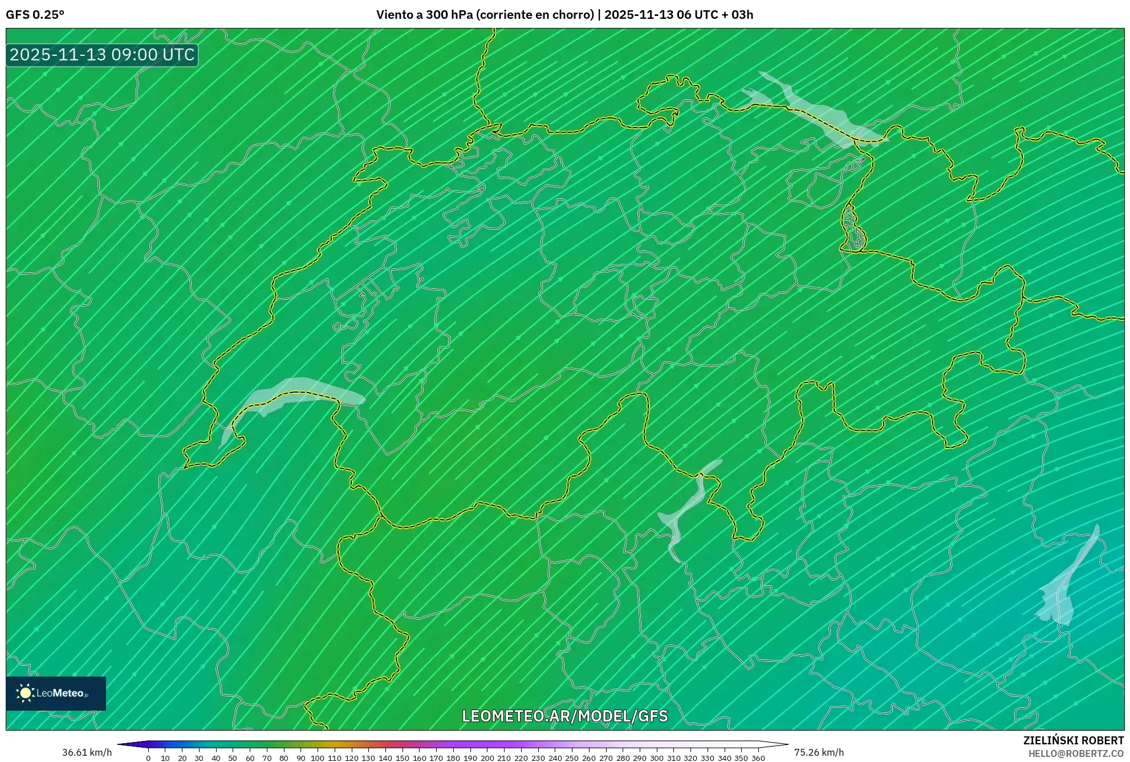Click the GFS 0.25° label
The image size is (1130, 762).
point(35,15)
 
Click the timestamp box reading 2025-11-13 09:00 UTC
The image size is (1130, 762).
point(102,55)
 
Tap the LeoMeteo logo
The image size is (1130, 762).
point(56,693)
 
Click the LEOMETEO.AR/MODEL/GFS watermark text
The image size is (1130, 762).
point(564,716)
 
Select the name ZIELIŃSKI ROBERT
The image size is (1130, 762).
point(1073,740)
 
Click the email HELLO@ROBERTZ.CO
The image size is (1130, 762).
point(1076,753)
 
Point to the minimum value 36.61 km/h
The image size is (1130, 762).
point(87,752)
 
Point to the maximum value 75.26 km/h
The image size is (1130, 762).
point(819,752)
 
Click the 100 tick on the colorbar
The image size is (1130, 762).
point(318,757)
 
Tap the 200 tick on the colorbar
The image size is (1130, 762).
point(487,757)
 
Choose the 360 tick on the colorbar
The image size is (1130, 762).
point(758,757)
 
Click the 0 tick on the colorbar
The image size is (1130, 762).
point(148,757)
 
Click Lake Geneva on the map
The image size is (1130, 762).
point(291,393)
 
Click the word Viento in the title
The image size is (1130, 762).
point(394,15)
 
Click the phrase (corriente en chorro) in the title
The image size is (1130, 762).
point(535,15)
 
